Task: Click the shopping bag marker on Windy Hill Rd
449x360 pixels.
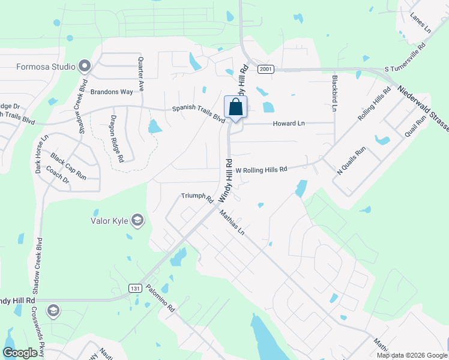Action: (x=236, y=108)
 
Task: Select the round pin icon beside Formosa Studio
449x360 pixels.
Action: (x=85, y=66)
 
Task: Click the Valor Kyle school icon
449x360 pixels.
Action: (x=138, y=221)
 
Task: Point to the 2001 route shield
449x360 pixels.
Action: (x=266, y=70)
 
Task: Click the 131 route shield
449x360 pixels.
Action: (x=136, y=289)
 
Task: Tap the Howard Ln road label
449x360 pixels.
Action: (x=289, y=123)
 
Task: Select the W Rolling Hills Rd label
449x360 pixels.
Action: (x=261, y=170)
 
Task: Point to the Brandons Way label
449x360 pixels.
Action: (x=111, y=92)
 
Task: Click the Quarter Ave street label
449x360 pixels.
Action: (x=141, y=74)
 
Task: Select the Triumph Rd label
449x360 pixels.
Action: (x=197, y=197)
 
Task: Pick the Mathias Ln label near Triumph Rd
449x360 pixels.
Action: (x=232, y=221)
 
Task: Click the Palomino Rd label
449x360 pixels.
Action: (x=159, y=299)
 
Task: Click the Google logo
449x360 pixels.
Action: (x=20, y=353)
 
